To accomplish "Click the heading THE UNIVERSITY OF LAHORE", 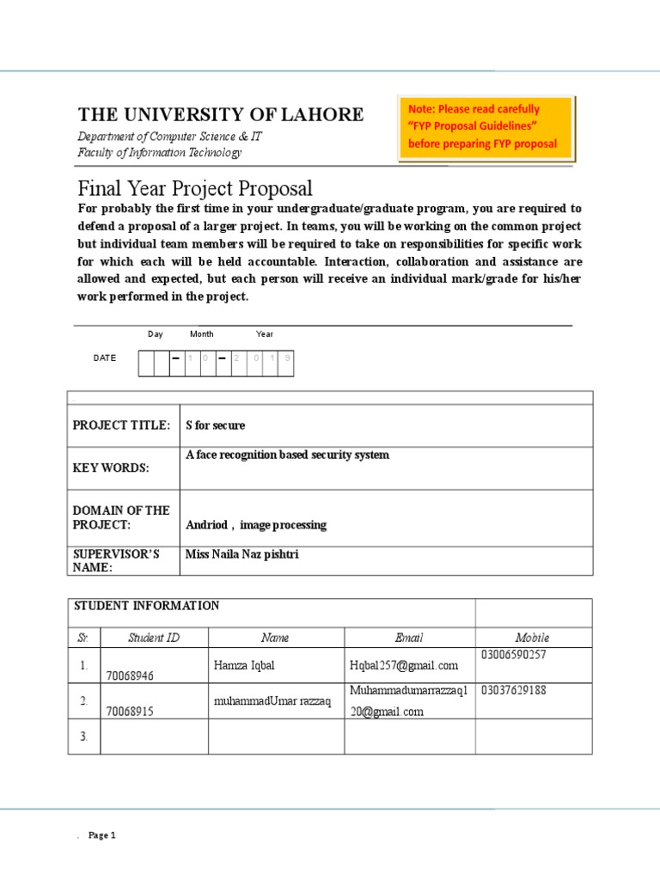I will click(221, 115).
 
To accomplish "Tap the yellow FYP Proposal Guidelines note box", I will click(486, 127).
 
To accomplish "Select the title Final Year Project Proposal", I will click(195, 188).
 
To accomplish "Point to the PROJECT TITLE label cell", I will click(122, 425).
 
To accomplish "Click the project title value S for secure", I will click(216, 425).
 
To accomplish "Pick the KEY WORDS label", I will click(111, 468).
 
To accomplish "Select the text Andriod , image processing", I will click(256, 524).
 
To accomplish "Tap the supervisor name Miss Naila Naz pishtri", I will click(242, 554).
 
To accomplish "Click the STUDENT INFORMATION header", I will click(147, 606).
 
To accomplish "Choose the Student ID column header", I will click(154, 638).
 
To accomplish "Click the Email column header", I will click(409, 638).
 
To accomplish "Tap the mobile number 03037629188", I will click(514, 690).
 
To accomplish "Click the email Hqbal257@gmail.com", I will click(404, 665).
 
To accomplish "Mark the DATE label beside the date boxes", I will click(104, 357).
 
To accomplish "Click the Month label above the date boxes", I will click(202, 334).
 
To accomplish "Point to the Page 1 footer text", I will click(101, 835).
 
